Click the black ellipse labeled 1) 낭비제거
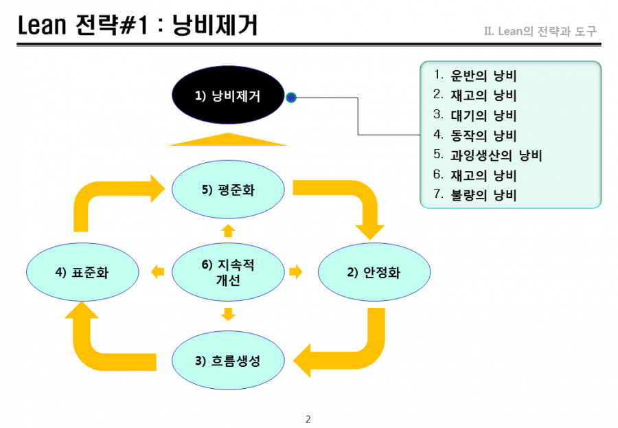tap(228, 95)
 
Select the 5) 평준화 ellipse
tap(228, 190)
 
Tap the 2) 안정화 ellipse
tap(374, 272)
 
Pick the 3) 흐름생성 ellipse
tap(228, 360)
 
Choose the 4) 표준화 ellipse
tap(82, 272)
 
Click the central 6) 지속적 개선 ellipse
tap(228, 272)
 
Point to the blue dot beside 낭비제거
tap(291, 98)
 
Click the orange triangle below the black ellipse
tap(228, 139)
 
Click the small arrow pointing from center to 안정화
tap(295, 271)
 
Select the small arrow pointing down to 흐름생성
tap(228, 315)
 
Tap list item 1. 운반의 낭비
tap(475, 75)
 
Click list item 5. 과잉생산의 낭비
tap(488, 155)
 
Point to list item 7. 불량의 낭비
tap(475, 194)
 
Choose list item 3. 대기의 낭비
tap(475, 115)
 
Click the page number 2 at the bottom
tap(308, 419)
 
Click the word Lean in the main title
tap(42, 25)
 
